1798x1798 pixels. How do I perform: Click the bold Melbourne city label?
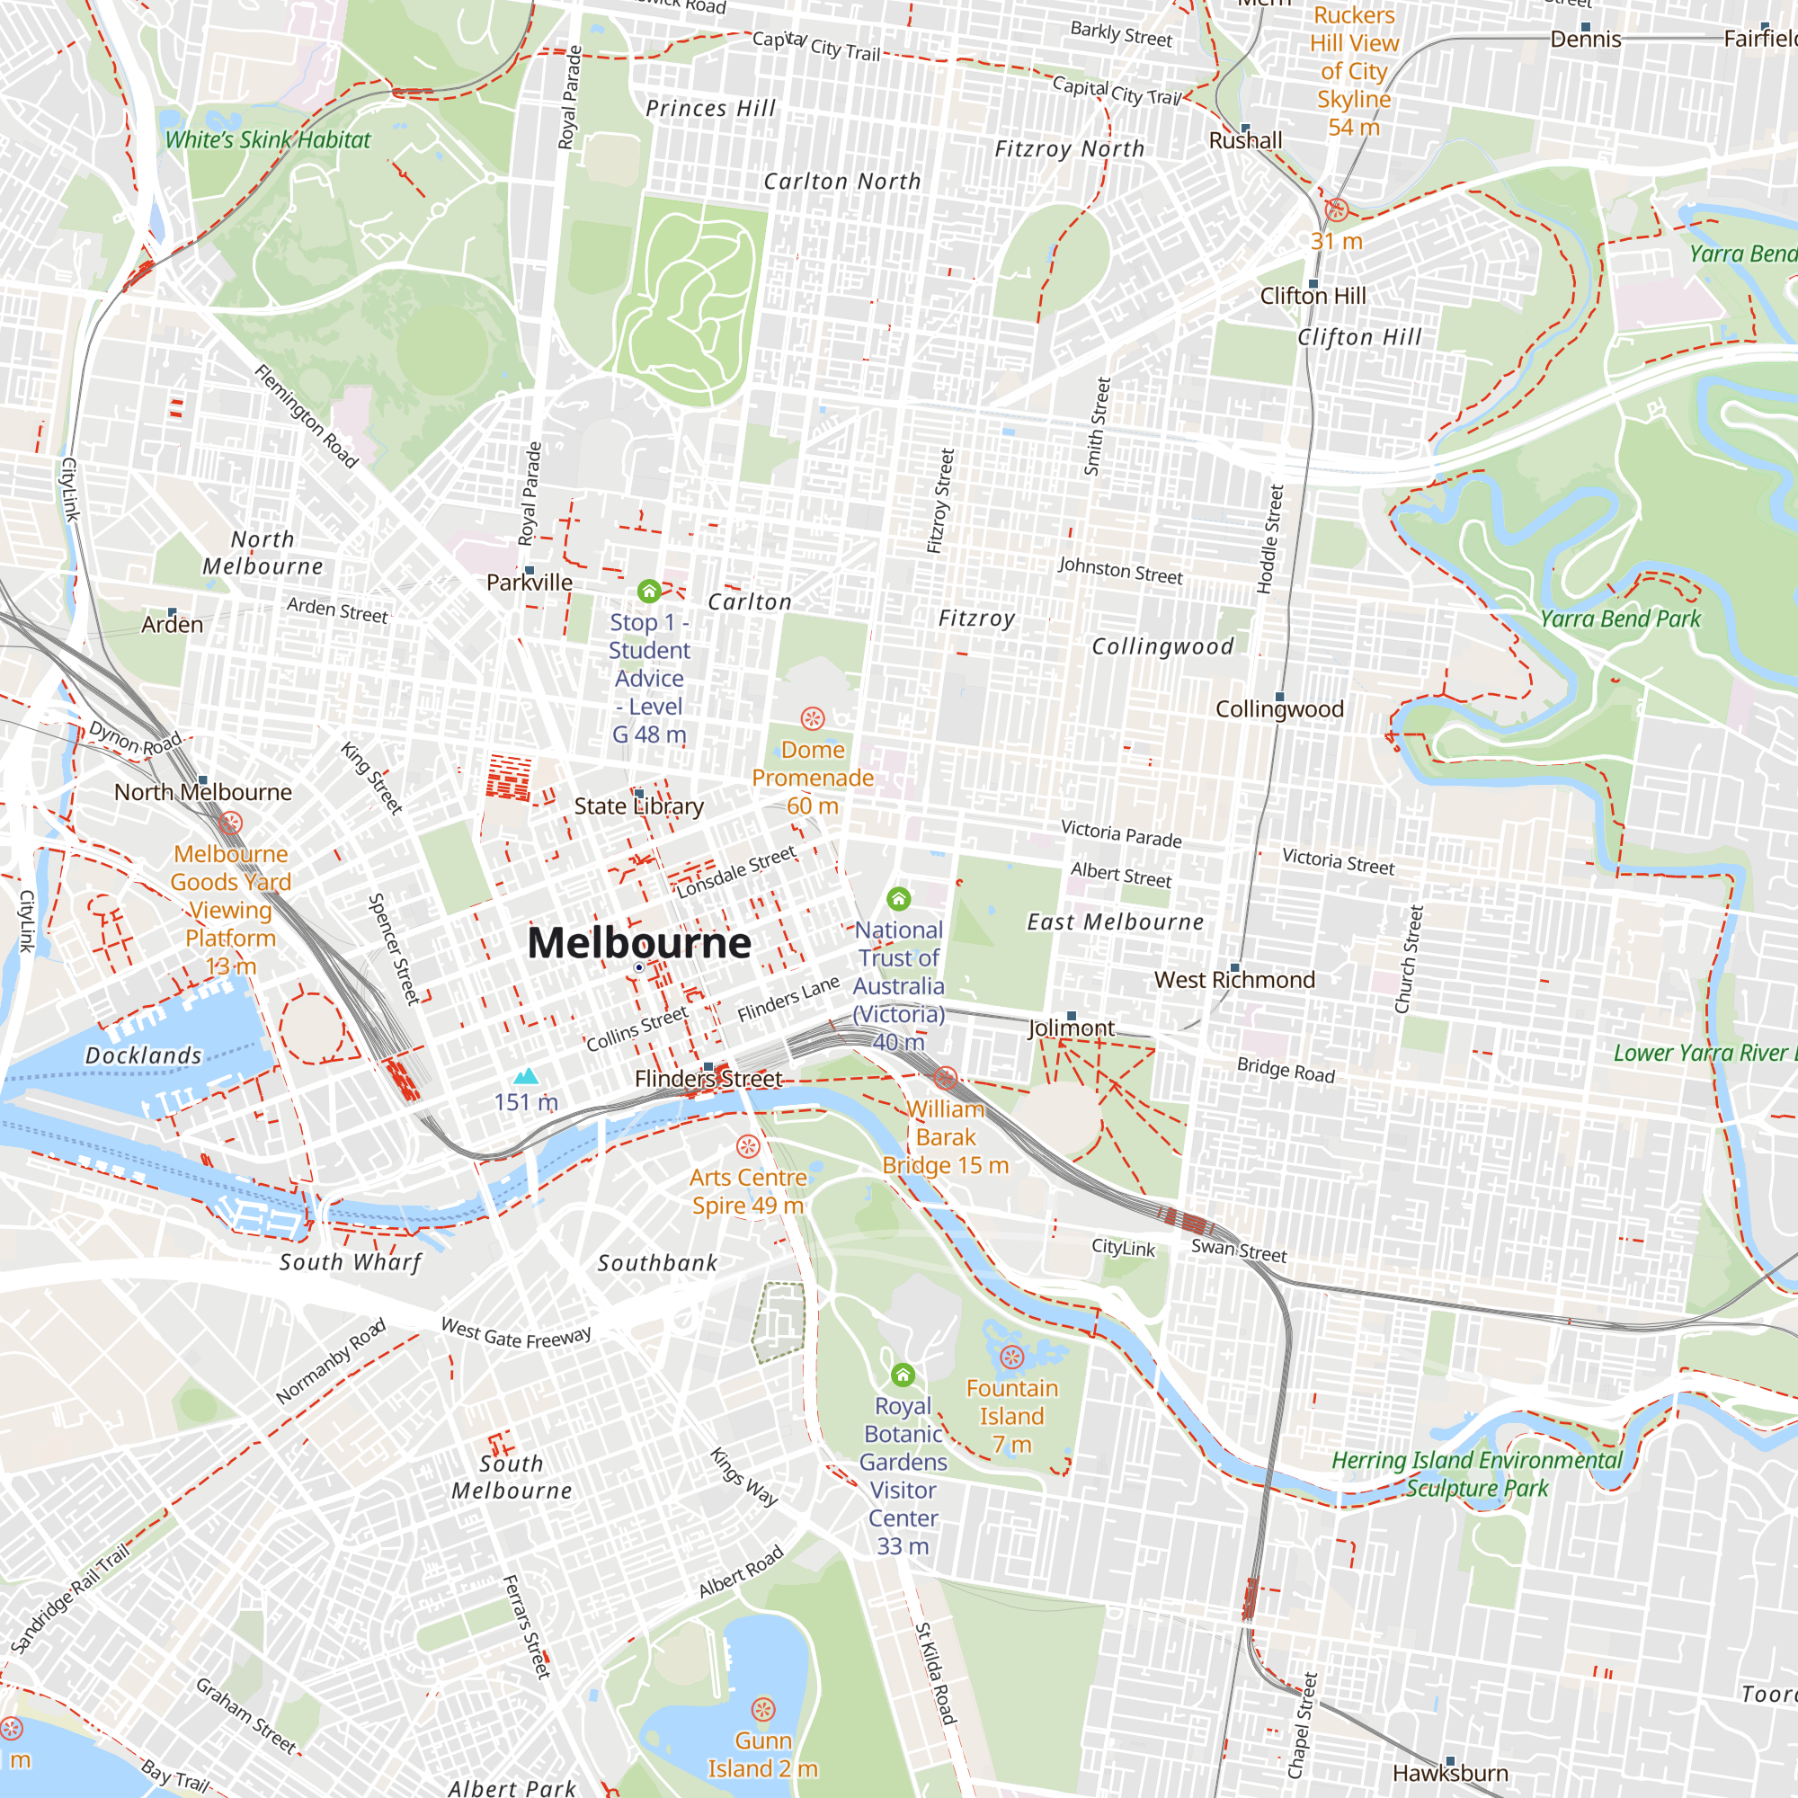click(638, 943)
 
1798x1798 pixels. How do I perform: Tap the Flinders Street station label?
click(708, 1079)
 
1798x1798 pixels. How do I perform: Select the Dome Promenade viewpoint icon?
click(813, 718)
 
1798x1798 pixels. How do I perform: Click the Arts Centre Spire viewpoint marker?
click(748, 1145)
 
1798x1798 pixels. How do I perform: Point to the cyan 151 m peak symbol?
click(526, 1077)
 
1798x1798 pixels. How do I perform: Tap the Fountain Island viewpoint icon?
click(1011, 1357)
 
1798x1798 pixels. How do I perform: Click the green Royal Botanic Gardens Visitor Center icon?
click(903, 1375)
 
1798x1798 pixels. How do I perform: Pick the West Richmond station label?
click(1234, 979)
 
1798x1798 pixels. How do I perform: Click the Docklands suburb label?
click(143, 1055)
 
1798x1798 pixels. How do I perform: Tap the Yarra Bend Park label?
click(1619, 619)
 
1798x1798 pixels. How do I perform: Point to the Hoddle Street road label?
click(1270, 539)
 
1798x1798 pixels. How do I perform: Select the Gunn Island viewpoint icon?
click(763, 1710)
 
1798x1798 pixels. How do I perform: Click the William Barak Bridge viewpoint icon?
click(946, 1078)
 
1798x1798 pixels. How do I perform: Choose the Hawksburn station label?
click(1450, 1773)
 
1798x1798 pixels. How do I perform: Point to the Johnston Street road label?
click(1119, 570)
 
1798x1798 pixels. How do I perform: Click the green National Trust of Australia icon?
click(898, 898)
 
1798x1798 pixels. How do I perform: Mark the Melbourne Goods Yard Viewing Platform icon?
click(231, 823)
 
